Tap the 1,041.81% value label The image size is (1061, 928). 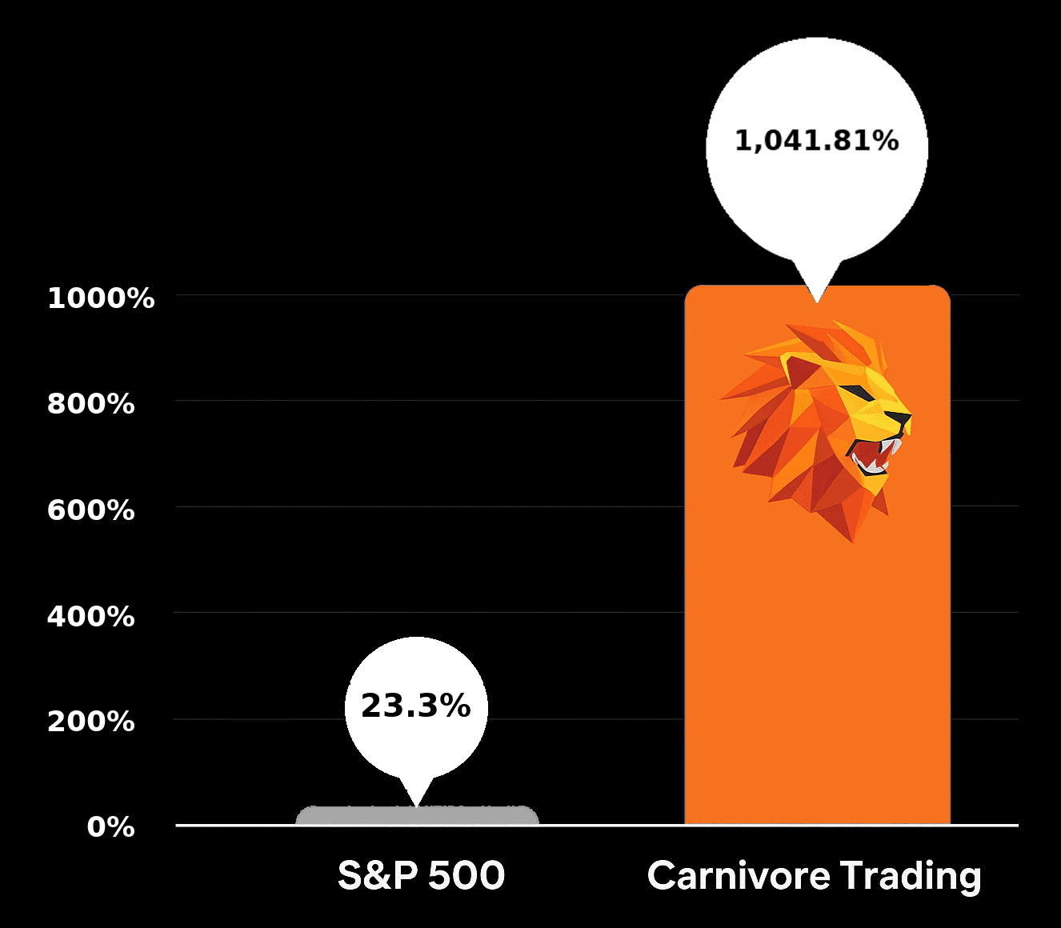[x=816, y=142]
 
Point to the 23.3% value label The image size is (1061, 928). [x=415, y=706]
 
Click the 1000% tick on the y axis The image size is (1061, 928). [x=101, y=298]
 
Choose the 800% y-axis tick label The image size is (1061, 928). [x=90, y=404]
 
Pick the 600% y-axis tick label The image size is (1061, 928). [x=90, y=510]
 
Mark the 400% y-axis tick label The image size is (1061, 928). [x=90, y=617]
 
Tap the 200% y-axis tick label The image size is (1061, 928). [x=90, y=722]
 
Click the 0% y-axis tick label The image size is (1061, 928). [x=110, y=827]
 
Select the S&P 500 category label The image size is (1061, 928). [x=421, y=875]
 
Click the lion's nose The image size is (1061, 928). [x=903, y=418]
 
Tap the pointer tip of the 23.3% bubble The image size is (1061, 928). [x=415, y=804]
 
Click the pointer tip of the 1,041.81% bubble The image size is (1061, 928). [x=816, y=301]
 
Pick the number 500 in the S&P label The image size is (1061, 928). [x=466, y=875]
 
